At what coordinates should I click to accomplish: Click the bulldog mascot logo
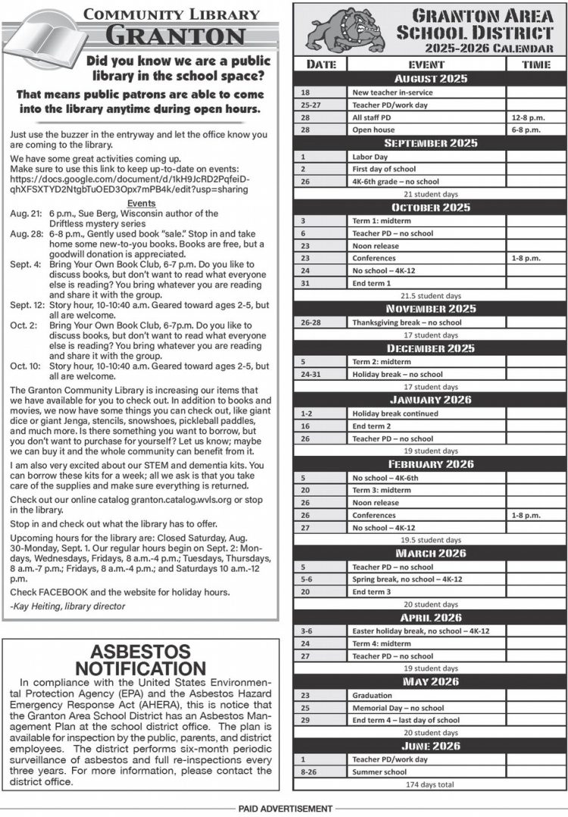(342, 30)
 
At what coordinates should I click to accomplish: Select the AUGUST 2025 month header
(430, 79)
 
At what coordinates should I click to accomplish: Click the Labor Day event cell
(428, 156)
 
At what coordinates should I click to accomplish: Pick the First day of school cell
(428, 169)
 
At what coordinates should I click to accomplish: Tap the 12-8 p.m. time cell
(535, 117)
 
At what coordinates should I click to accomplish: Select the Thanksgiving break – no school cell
(428, 322)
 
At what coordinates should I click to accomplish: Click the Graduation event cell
(428, 694)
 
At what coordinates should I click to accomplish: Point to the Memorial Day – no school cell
(428, 707)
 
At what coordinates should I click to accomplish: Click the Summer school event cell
(428, 772)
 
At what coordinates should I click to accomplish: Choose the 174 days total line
(430, 784)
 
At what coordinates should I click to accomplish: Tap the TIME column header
(535, 64)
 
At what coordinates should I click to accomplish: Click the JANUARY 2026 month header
(430, 400)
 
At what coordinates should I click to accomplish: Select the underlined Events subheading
(142, 204)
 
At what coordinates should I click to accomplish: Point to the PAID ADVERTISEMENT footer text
(285, 809)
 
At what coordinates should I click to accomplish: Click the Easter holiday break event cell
(428, 630)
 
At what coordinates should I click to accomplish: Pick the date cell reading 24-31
(320, 374)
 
